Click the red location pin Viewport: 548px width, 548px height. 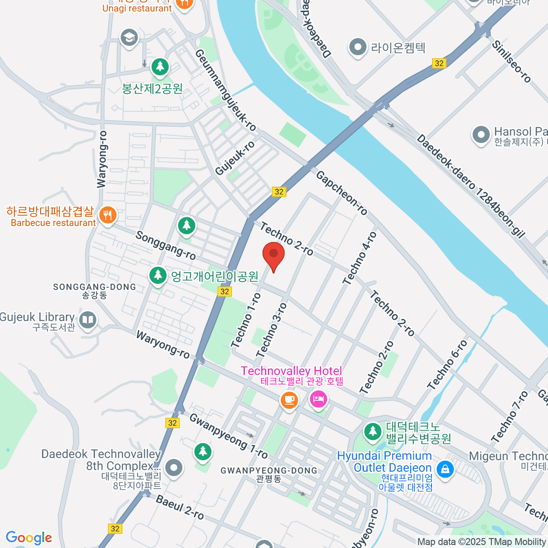pyautogui.click(x=274, y=255)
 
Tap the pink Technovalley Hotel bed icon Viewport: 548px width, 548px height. pyautogui.click(x=318, y=400)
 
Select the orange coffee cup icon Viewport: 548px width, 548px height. pyautogui.click(x=289, y=400)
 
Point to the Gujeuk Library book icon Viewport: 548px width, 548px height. pyautogui.click(x=87, y=320)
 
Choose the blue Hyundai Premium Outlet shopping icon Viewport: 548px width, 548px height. pyautogui.click(x=445, y=469)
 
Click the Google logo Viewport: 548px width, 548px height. pyautogui.click(x=29, y=538)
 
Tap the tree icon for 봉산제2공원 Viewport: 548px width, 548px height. pyautogui.click(x=160, y=67)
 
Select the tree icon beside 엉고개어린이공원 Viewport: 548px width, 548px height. pyautogui.click(x=158, y=275)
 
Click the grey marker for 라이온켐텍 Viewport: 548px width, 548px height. pyautogui.click(x=358, y=47)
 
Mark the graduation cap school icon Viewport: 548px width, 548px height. pyautogui.click(x=129, y=38)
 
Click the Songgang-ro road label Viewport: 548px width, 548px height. pyautogui.click(x=165, y=245)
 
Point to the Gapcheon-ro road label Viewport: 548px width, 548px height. pyautogui.click(x=342, y=193)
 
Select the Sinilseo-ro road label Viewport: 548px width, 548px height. pyautogui.click(x=511, y=62)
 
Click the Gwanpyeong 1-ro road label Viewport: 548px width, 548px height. pyautogui.click(x=228, y=436)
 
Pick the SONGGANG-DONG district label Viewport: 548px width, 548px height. pyautogui.click(x=95, y=287)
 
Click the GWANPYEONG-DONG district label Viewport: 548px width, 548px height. pyautogui.click(x=269, y=470)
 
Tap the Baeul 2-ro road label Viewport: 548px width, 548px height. pyautogui.click(x=179, y=507)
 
